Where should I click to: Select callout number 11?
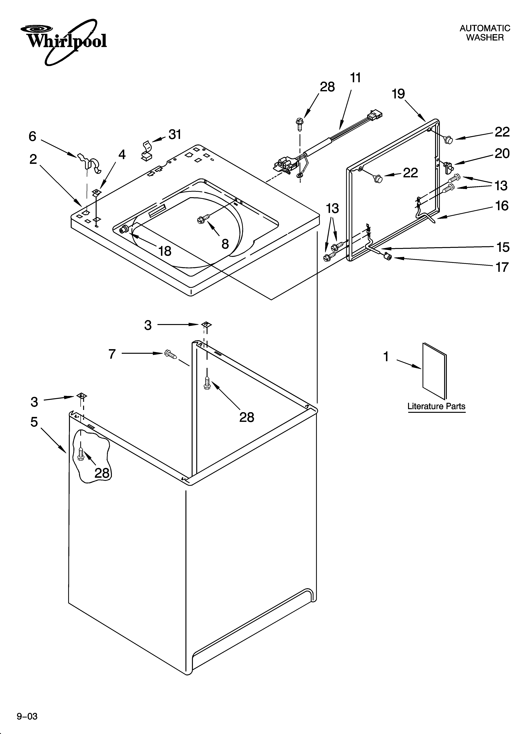[355, 78]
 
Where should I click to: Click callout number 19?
[398, 94]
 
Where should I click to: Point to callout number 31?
[175, 134]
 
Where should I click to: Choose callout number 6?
[32, 136]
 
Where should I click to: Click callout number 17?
[502, 267]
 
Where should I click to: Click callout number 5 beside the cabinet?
[34, 422]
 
